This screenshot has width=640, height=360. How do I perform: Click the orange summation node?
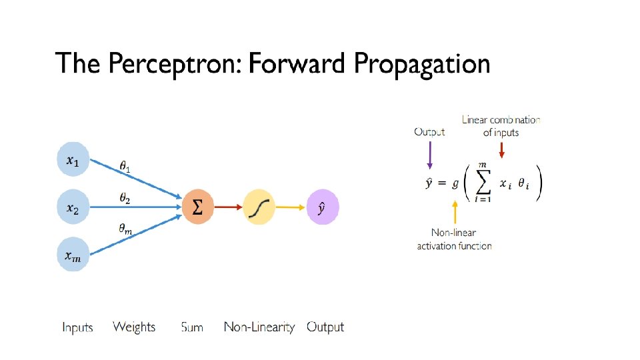198,207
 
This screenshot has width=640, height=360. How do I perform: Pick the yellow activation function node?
259,207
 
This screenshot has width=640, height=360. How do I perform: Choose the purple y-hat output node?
323,207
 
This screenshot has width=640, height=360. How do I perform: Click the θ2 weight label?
125,198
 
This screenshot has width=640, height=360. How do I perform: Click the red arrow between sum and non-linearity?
228,207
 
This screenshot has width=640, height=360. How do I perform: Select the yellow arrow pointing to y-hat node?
291,207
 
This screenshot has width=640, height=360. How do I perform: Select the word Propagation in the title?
422,65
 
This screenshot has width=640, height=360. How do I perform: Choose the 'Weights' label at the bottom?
134,327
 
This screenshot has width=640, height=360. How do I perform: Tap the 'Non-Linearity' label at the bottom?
259,327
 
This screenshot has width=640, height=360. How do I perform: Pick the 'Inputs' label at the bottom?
77,327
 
